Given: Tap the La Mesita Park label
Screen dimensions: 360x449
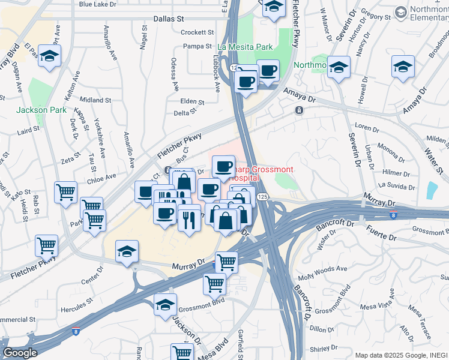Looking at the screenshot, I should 245,47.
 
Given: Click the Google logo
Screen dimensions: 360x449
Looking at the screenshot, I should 20,353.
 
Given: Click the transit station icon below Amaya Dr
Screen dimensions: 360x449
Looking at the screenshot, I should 298,110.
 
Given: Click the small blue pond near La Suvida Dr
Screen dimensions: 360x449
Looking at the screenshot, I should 432,190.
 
